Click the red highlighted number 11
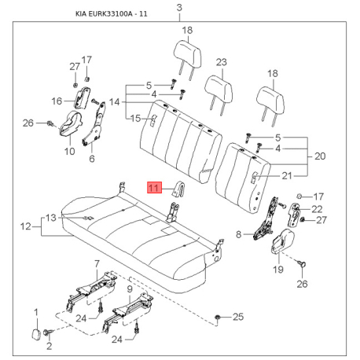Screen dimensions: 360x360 point(154,187)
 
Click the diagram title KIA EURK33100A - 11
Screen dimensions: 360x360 point(112,13)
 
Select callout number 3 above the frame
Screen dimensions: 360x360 point(179,8)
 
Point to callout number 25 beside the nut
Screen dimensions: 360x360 point(238,317)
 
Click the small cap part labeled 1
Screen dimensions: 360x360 point(36,335)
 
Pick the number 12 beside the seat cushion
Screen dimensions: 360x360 point(26,226)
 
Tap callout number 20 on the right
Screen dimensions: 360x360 point(320,156)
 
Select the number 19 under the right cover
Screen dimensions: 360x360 point(278,269)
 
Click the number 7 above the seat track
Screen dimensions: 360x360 point(97,264)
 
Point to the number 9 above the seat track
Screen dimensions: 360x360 point(130,289)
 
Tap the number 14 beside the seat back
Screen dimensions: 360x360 point(114,102)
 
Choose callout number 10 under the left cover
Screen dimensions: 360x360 point(70,151)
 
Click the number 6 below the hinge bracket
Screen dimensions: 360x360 point(92,159)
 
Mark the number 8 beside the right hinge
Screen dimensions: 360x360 point(238,234)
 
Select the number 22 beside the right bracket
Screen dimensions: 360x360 point(317,209)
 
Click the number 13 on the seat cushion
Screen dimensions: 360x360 point(51,218)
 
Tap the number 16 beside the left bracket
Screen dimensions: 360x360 point(57,101)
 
